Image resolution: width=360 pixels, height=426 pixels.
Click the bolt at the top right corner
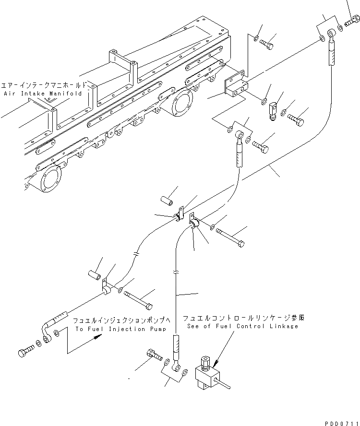point(353,22)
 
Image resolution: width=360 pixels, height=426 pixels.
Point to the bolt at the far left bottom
point(26,353)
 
